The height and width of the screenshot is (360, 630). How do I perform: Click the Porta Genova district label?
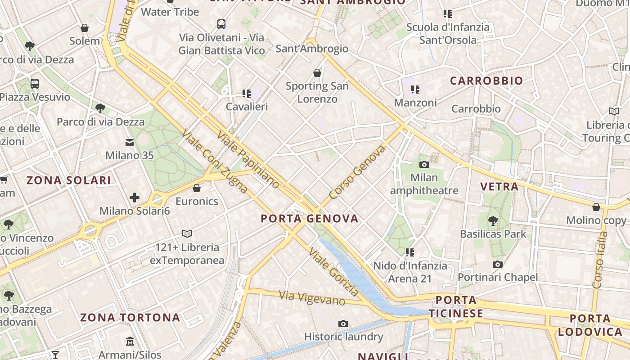[x=310, y=219]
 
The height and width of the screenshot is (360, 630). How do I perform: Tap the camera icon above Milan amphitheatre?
[x=424, y=164]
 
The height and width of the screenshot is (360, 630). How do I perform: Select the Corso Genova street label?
[x=357, y=172]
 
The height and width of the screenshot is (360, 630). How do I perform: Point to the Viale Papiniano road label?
[x=248, y=159]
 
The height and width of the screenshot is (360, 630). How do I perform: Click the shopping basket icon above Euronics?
[x=196, y=188]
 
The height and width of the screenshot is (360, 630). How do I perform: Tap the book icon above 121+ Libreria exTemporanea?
[x=187, y=234]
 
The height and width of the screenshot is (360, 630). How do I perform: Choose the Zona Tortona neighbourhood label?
[x=130, y=318]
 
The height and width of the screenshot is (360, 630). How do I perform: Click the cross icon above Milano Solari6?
[x=134, y=197]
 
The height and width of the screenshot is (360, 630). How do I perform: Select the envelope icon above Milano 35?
[x=130, y=143]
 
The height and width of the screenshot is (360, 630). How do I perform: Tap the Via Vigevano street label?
[x=312, y=298]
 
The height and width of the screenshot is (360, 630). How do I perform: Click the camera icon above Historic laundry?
[x=343, y=324]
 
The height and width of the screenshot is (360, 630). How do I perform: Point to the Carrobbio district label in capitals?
[x=486, y=81]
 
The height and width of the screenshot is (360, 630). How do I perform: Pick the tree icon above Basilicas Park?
[x=493, y=220]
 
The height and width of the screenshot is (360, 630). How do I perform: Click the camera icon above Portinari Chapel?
[x=497, y=264]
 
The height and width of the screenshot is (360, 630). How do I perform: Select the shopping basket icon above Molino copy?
[x=596, y=207]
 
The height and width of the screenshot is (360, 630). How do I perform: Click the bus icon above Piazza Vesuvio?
[x=35, y=83]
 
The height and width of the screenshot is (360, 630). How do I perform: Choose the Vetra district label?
[x=499, y=187]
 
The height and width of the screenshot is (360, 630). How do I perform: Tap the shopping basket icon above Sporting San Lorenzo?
[x=317, y=72]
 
